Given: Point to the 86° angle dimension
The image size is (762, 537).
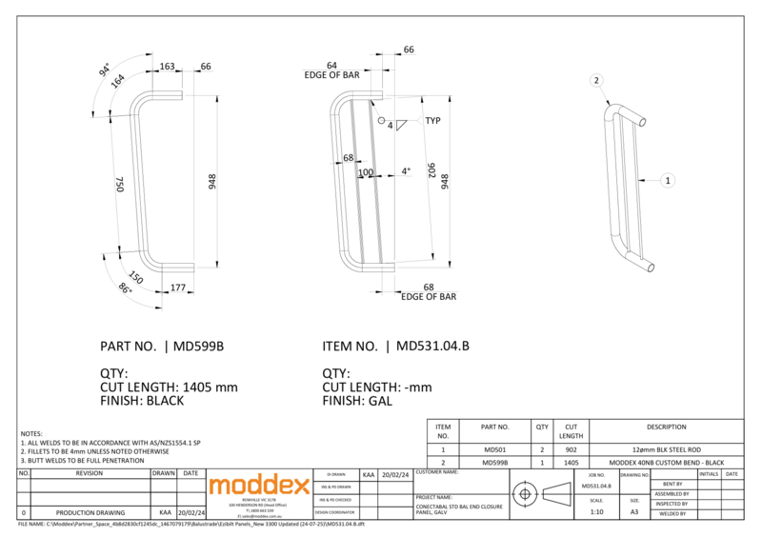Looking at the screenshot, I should [124, 287].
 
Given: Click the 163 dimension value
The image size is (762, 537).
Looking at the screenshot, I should [167, 67].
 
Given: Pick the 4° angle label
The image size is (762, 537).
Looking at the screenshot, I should [406, 171].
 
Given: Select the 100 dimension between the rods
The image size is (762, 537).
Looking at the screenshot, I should [365, 172].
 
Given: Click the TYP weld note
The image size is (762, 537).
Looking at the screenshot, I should [433, 121].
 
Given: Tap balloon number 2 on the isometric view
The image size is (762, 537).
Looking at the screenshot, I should [596, 81].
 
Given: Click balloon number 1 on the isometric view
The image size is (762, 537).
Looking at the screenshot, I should [668, 179].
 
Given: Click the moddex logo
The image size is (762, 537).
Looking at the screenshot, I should [259, 486].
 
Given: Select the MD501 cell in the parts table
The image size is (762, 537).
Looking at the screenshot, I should [495, 448].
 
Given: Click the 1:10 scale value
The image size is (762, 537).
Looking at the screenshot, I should [596, 512].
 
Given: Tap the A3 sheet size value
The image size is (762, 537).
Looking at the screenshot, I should [634, 512].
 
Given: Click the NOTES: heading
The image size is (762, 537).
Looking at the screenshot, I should [31, 433].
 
